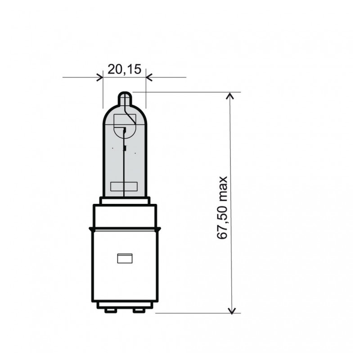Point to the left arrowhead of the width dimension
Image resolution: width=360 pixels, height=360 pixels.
tap(100, 77)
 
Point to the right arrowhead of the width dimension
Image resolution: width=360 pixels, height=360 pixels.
tap(149, 77)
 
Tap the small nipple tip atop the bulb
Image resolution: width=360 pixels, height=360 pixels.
tap(125, 97)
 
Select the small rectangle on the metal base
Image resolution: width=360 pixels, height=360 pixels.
tap(125, 258)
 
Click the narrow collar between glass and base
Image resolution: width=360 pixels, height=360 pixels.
tap(125, 201)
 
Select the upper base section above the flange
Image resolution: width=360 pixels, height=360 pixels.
tap(125, 216)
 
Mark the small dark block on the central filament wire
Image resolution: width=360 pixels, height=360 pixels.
tap(125, 148)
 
